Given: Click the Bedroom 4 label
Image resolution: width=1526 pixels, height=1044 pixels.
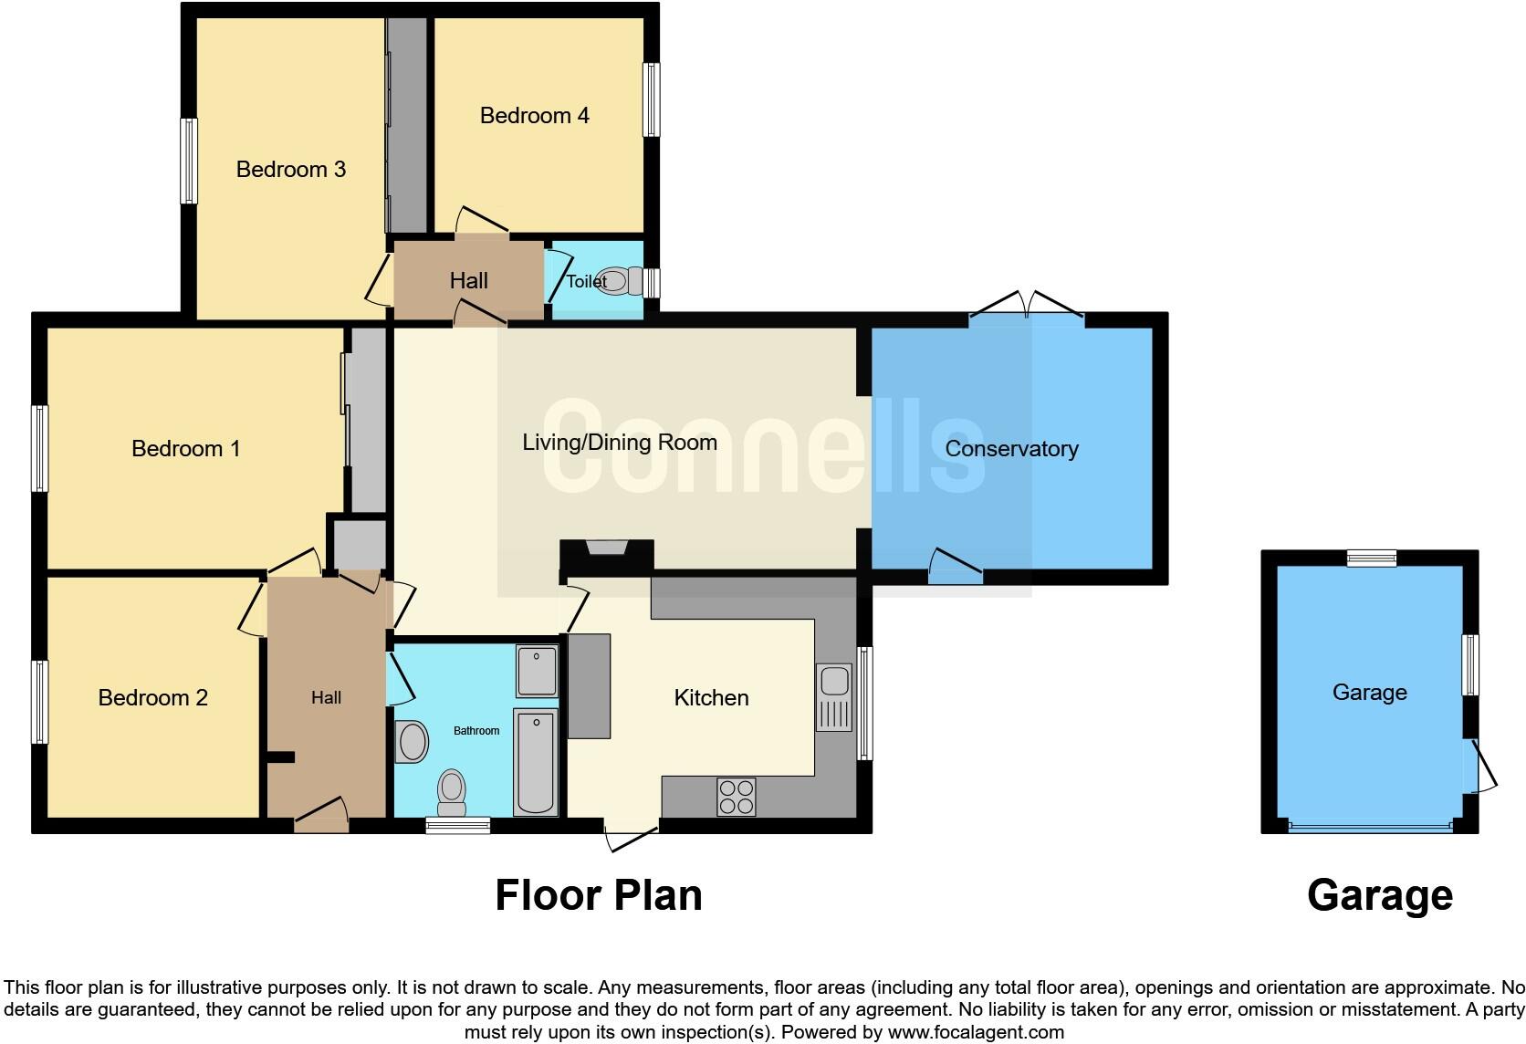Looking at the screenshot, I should [x=534, y=116].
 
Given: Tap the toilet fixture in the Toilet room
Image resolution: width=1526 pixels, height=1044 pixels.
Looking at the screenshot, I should [x=618, y=280].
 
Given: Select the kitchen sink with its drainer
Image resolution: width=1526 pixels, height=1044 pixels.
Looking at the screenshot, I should [x=833, y=697].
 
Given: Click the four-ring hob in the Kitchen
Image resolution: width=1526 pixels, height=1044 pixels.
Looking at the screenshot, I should [x=736, y=796].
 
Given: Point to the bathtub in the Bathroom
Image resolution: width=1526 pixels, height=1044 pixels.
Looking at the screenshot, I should [x=536, y=762].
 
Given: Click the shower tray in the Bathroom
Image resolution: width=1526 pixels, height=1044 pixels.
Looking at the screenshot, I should [x=537, y=670].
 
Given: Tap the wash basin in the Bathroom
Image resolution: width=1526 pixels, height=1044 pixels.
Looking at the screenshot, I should [x=413, y=742].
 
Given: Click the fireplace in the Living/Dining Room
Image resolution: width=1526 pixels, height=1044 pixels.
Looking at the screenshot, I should [x=607, y=550].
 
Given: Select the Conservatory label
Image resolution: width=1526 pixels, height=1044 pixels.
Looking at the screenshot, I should [x=1011, y=449].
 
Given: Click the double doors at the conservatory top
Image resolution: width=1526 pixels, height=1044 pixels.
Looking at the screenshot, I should [x=1027, y=308].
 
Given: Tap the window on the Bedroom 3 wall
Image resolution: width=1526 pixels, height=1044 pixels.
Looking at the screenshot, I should [x=189, y=161].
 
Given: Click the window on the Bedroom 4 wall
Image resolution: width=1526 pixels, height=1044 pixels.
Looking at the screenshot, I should [x=651, y=99].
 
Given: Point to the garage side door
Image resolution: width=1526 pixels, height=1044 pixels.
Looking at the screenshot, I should [x=1479, y=767].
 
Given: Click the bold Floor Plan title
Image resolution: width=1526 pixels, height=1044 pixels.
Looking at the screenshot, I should [x=598, y=895].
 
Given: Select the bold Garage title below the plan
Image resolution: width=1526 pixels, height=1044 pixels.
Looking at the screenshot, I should [x=1379, y=895].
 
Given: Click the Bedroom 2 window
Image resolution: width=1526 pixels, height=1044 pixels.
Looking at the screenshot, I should [x=39, y=702].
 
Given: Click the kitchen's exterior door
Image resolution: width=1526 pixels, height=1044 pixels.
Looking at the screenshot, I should [x=632, y=835].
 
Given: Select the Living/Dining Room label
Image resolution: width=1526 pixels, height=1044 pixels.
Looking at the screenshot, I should [x=619, y=443].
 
